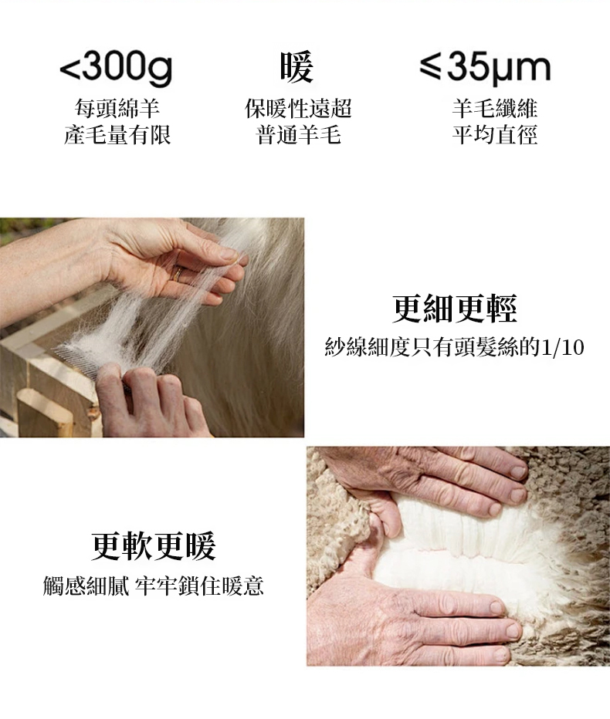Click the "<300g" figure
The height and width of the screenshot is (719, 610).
[x=116, y=69]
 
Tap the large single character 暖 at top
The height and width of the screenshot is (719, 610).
[x=297, y=67]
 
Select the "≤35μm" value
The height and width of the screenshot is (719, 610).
[x=485, y=69]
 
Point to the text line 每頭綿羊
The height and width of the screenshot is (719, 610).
[x=117, y=108]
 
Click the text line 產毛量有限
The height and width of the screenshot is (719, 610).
[x=117, y=135]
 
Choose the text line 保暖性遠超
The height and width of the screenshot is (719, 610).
[x=298, y=108]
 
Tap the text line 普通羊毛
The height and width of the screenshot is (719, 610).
[x=298, y=135]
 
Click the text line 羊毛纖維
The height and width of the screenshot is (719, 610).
[x=494, y=108]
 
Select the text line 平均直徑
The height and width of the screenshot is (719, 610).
[x=494, y=135]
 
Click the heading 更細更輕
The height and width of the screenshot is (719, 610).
[x=454, y=309]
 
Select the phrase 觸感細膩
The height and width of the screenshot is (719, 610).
[x=86, y=586]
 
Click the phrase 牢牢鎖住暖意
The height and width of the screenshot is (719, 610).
[x=199, y=586]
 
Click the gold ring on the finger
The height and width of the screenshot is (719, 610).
[x=176, y=275]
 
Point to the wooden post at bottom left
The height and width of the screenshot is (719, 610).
[x=45, y=413]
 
